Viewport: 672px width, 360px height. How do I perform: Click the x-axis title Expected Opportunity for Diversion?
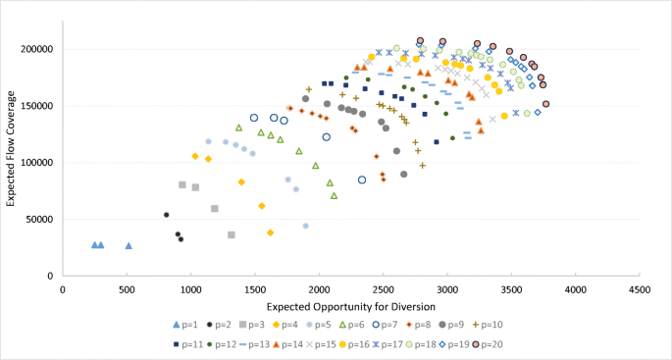click(x=350, y=309)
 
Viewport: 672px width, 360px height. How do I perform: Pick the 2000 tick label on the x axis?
click(x=319, y=289)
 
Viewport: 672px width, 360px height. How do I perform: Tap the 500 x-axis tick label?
click(x=127, y=289)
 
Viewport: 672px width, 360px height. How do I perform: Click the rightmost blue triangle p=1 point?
click(x=129, y=245)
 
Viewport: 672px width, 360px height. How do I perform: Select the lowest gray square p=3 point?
click(x=232, y=235)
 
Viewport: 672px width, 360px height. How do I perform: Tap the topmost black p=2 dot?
click(x=167, y=215)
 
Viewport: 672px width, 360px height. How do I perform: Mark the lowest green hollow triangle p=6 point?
click(x=335, y=196)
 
